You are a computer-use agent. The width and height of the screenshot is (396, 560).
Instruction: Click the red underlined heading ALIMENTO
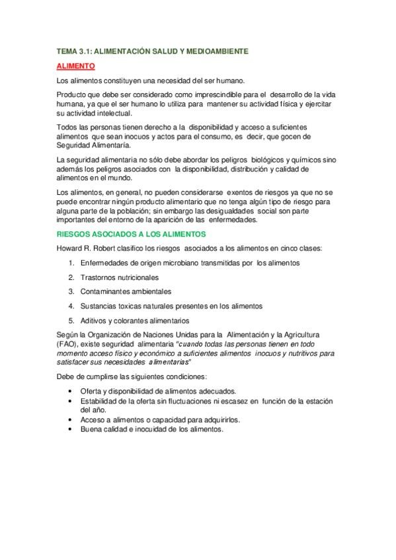(76, 66)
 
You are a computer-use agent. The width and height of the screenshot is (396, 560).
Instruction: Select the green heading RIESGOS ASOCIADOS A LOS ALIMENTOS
(132, 234)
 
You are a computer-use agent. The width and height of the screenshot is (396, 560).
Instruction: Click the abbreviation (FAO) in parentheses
(68, 345)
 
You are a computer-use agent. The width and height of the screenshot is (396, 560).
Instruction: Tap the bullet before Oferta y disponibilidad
(71, 392)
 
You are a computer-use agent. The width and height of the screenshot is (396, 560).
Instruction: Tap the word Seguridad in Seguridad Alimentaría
(75, 145)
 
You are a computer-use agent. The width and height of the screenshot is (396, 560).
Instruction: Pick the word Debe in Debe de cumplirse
(67, 376)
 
